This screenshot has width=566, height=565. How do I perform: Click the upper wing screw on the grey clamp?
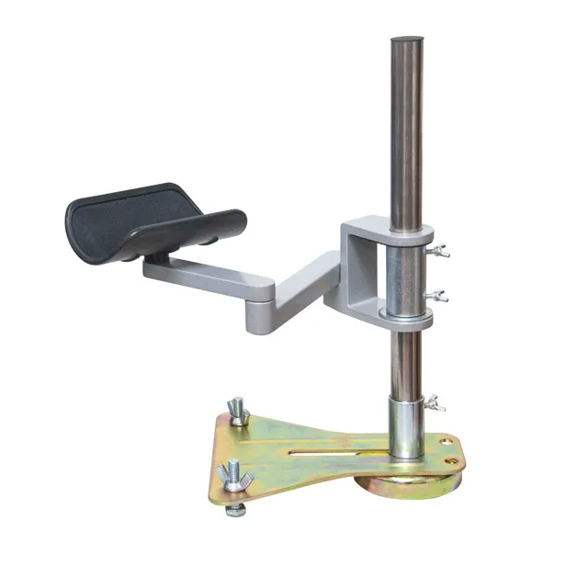[x=442, y=251]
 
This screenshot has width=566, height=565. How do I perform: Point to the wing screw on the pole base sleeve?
[x=436, y=401]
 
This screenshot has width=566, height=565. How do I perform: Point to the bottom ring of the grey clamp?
[x=408, y=318]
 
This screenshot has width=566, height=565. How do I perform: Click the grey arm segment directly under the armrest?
[x=207, y=271]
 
